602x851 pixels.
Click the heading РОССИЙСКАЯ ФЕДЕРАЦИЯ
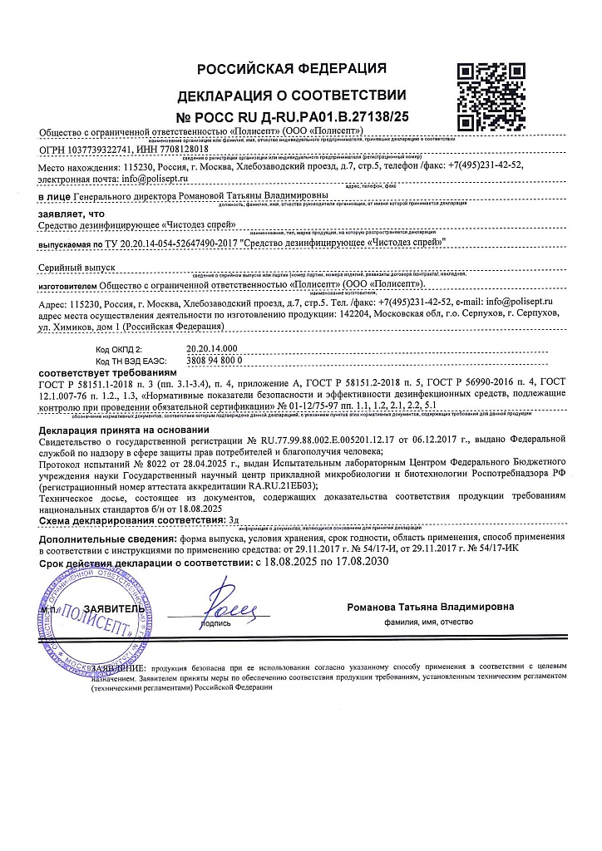click(x=291, y=68)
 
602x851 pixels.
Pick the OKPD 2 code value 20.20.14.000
click(x=212, y=349)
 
